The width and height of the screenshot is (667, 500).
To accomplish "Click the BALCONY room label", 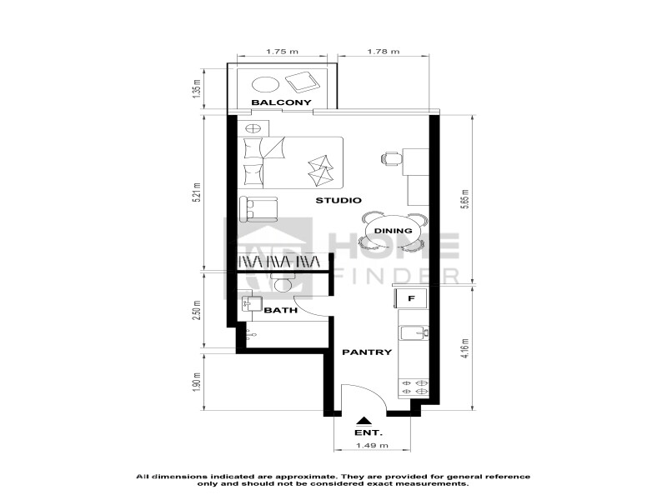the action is (281, 102).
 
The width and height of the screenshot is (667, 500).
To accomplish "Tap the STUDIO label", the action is (339, 200).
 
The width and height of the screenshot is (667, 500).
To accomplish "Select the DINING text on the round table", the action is (393, 231).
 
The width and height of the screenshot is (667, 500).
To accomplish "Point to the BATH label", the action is (281, 310).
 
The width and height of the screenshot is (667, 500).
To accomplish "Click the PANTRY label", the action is (367, 352).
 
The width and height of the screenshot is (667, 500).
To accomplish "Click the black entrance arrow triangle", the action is (363, 421).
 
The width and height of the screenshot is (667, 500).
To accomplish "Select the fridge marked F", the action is (411, 298).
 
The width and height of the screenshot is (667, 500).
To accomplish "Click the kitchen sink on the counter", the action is (414, 332).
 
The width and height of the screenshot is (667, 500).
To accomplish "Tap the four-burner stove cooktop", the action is (414, 387).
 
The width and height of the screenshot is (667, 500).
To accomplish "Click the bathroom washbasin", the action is (251, 303).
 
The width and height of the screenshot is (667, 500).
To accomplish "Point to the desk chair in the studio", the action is (392, 158).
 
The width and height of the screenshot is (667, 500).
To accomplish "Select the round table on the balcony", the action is (266, 84).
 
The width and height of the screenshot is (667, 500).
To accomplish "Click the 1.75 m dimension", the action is (282, 52).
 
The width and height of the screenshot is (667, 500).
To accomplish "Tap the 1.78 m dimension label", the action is (384, 52).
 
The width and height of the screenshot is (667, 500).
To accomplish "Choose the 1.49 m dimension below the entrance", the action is (372, 446).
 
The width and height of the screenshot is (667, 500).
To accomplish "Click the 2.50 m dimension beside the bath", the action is (196, 310).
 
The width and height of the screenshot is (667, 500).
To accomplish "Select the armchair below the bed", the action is (258, 209).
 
